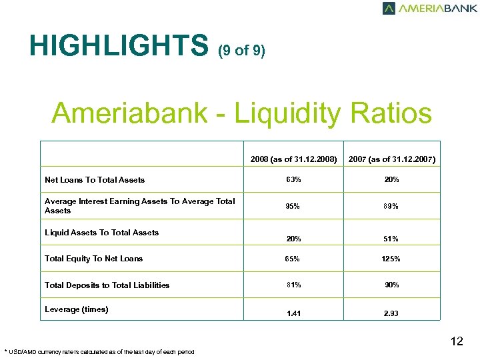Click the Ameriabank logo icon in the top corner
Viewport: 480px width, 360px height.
pos(389,9)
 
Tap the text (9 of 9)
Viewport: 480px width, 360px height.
pos(241,51)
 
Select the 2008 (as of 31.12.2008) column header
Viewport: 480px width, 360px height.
pos(293,159)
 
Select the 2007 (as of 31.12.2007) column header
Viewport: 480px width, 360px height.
pos(392,159)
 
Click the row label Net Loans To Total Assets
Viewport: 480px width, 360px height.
pos(95,180)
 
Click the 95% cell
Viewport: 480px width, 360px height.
pos(293,206)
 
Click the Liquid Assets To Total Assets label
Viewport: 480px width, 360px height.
pos(101,233)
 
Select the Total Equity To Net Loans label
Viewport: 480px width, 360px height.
pos(93,259)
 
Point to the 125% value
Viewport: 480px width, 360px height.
pos(392,259)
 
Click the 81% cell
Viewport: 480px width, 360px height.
pos(293,285)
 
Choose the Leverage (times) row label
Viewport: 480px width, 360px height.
pos(76,309)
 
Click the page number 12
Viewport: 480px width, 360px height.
pos(457,342)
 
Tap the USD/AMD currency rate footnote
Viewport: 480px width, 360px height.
pos(99,351)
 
